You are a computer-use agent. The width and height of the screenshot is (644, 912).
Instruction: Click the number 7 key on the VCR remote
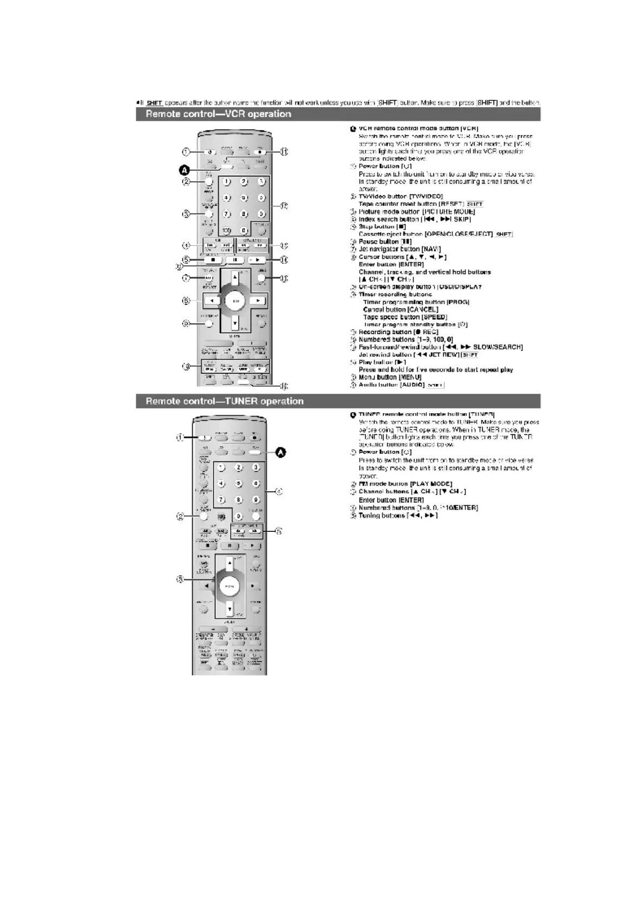coord(227,214)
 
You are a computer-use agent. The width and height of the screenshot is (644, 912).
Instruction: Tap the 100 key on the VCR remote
coord(227,231)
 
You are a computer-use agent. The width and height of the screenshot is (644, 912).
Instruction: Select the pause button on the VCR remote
coord(235,260)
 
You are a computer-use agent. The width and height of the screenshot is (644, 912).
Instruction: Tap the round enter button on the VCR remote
coord(235,301)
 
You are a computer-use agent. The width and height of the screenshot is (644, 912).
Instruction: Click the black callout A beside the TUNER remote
coord(281,452)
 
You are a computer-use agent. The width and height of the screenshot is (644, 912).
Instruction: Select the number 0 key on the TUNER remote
coord(238,517)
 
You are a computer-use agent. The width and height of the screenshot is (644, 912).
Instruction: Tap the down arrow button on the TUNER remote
coord(229,609)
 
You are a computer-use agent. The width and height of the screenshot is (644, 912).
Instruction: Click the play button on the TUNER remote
coord(252,546)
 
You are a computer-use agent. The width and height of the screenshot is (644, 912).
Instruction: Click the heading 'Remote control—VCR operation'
coord(218,114)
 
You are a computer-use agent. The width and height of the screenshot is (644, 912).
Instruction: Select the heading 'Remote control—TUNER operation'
coord(224,401)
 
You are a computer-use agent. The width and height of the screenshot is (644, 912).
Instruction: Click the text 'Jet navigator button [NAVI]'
coord(399,249)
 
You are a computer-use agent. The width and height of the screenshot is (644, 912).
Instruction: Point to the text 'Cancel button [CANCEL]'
coord(400,309)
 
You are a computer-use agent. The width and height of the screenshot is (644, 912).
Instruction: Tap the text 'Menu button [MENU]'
coord(390,377)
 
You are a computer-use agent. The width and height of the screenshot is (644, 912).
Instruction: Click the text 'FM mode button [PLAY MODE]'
coord(405,484)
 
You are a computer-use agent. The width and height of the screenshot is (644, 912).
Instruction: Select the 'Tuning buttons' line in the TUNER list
coord(398,516)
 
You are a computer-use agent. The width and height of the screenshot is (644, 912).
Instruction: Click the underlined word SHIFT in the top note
coord(154,102)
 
